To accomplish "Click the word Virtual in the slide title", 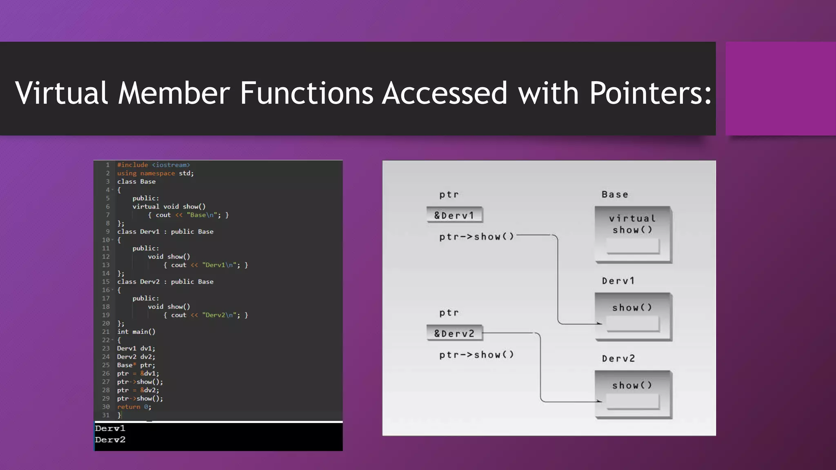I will [61, 93].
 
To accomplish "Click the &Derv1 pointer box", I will [454, 215].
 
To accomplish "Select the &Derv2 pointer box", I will [454, 333].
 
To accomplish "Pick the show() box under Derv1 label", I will [632, 316].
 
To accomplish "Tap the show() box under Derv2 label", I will [632, 394].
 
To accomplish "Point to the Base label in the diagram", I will [615, 195].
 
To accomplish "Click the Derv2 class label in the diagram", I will [618, 359].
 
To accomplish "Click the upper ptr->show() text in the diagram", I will [476, 237].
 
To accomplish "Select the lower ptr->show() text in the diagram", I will [476, 355].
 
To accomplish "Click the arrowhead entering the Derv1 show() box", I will [599, 324].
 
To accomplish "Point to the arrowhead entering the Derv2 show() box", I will [599, 401].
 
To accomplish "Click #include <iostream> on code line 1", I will [153, 165].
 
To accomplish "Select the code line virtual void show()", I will [169, 206].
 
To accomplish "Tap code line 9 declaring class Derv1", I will [165, 232].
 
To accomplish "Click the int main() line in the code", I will [136, 332].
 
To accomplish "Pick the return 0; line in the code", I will [134, 407].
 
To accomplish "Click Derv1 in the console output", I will [110, 428].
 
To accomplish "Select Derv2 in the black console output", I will [110, 440].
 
